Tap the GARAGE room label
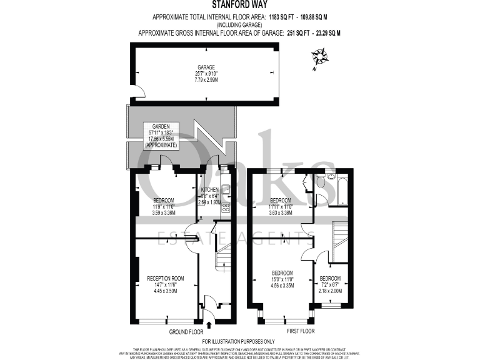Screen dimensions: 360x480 206,67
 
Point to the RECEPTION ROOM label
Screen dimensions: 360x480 165,277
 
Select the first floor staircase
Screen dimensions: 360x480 340,241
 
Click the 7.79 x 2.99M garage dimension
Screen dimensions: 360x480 206,80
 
